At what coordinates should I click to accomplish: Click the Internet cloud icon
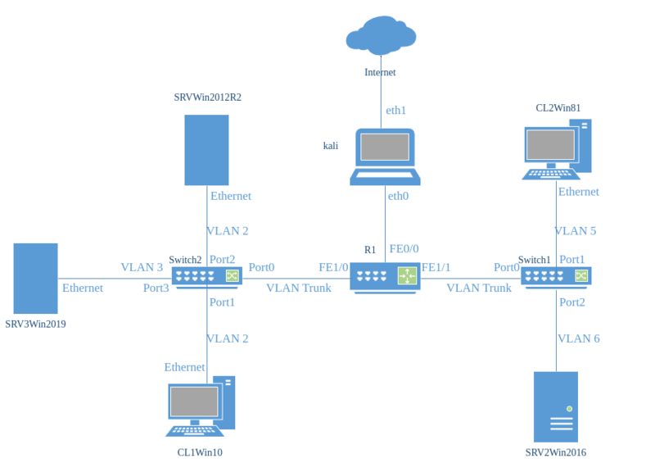381,36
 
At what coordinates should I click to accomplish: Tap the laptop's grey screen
384,147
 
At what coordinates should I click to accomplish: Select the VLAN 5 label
576,231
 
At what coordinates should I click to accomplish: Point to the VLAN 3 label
142,268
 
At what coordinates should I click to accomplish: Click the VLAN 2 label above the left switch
228,231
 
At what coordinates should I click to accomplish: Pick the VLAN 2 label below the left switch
228,338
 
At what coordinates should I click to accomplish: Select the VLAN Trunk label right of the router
479,288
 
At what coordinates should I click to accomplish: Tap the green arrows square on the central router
407,276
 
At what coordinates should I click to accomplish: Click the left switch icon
206,276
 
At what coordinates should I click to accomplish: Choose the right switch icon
556,276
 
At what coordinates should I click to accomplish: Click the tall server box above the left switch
206,150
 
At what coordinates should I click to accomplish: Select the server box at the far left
35,279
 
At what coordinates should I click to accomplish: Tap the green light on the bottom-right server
569,408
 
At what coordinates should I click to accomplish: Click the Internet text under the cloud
381,72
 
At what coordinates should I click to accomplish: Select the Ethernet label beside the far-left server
83,288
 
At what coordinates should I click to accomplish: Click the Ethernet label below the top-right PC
579,192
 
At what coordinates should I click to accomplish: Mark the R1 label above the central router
369,249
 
